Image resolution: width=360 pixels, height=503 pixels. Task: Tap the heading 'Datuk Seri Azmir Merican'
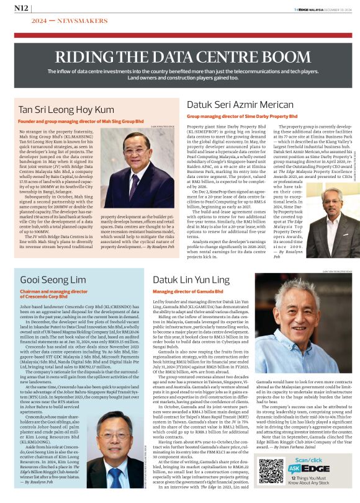click(241, 104)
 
